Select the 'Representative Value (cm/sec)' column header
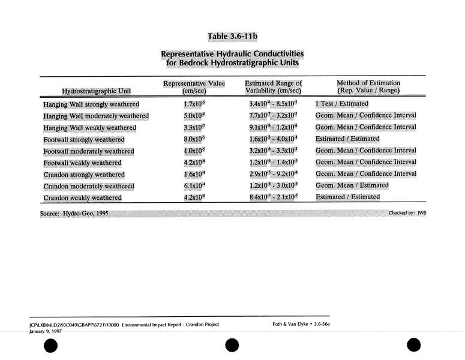[194, 86]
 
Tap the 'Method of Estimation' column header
[368, 86]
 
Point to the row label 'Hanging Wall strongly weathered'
[91, 104]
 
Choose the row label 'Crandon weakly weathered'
[82, 198]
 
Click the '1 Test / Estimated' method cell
[342, 104]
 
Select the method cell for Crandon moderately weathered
[352, 186]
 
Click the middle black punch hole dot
[232, 347]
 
